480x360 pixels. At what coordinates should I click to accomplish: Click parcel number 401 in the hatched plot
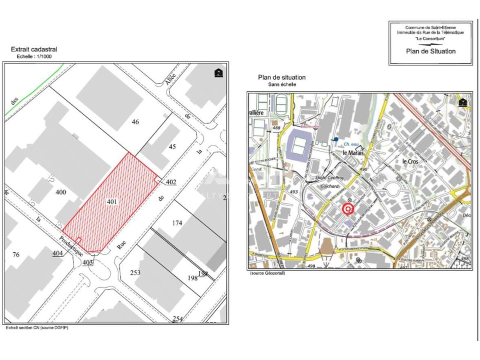click(x=112, y=202)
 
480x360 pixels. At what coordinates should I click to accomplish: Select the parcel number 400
click(x=61, y=192)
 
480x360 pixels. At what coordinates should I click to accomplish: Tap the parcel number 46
click(x=135, y=121)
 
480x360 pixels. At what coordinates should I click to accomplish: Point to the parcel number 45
click(x=172, y=147)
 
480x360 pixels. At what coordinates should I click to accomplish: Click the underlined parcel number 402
click(x=171, y=182)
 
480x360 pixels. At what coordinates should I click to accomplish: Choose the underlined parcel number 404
click(x=57, y=253)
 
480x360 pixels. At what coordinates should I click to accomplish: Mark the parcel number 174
click(x=177, y=223)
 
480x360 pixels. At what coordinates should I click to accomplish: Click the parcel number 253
click(x=135, y=272)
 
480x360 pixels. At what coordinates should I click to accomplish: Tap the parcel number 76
click(x=16, y=255)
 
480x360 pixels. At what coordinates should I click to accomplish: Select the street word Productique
click(x=71, y=246)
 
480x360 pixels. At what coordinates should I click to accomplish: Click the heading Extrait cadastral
click(x=34, y=49)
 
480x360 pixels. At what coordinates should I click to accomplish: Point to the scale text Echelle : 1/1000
click(x=34, y=57)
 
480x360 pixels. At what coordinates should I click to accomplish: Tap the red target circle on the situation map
click(x=348, y=209)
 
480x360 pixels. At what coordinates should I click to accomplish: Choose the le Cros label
click(x=410, y=161)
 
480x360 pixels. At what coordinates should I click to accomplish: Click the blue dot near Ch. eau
click(x=336, y=139)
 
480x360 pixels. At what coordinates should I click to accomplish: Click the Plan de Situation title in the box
click(x=430, y=51)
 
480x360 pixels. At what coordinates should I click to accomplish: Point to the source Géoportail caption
click(x=267, y=273)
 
